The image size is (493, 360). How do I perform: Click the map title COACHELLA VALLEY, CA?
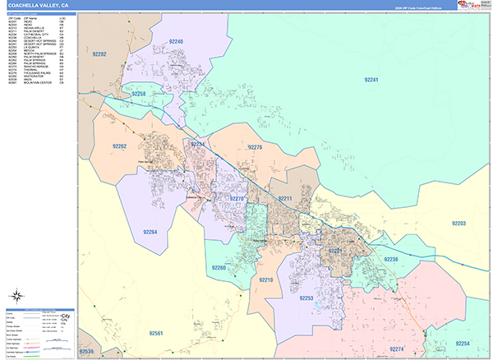point(39,5)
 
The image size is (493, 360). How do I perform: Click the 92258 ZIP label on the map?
point(138,95)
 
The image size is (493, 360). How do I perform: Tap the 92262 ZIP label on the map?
point(118,146)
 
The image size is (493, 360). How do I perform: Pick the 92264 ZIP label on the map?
point(150,233)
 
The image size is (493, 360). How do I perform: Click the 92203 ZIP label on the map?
point(458,223)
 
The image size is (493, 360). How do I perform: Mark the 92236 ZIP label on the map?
point(389,260)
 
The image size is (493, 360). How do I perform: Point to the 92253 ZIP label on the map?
point(306,298)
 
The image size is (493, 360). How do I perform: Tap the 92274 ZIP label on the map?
point(397,349)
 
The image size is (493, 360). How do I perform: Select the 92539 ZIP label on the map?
point(86,353)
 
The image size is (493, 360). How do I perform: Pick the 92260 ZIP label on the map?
point(219,268)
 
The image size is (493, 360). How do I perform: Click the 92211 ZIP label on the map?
point(286,199)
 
